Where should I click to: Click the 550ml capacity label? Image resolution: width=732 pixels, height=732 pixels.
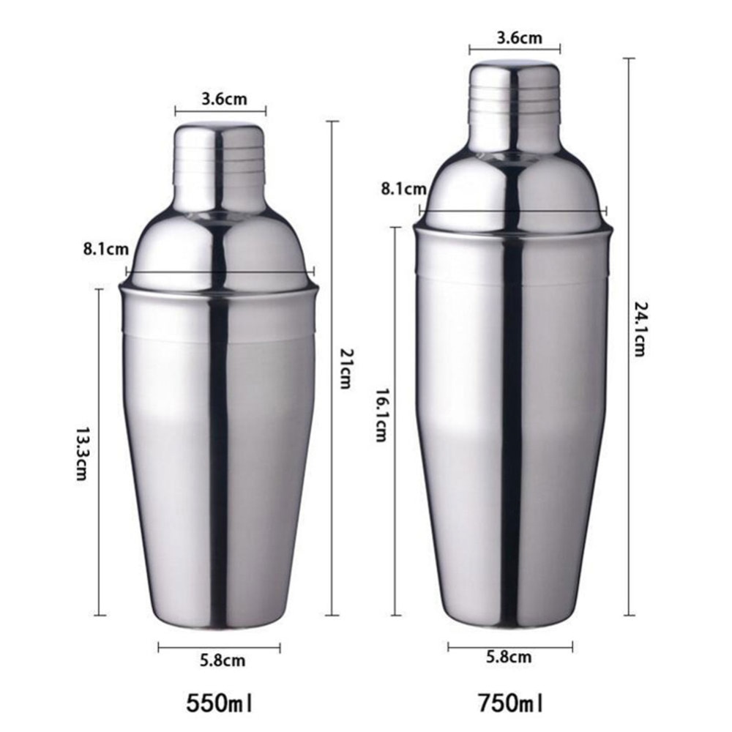(x=220, y=704)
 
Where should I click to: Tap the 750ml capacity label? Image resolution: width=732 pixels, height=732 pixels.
(x=512, y=704)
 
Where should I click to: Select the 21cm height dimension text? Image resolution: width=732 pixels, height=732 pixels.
(x=346, y=367)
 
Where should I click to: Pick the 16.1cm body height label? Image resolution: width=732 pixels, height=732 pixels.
(x=381, y=414)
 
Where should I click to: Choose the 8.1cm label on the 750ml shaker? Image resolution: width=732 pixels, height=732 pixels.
(x=404, y=189)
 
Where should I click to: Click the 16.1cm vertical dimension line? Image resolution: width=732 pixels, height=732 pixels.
(x=395, y=512)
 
